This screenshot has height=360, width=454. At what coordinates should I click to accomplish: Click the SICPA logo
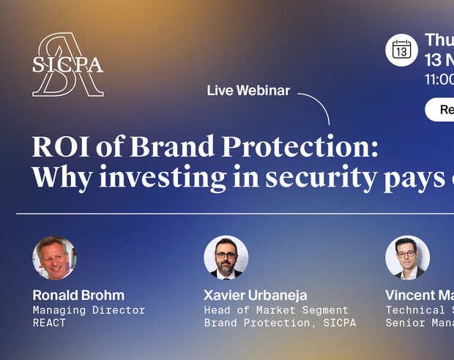tap(67, 64)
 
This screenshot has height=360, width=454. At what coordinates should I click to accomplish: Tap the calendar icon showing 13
tap(401, 49)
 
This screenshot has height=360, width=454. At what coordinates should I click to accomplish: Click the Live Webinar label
tap(248, 91)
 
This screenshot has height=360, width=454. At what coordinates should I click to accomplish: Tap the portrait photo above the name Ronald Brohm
tap(54, 258)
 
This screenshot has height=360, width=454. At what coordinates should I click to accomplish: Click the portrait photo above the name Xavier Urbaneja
tap(226, 258)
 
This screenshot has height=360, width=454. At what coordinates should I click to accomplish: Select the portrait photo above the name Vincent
tap(407, 258)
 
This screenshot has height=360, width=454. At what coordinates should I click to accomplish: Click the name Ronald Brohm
tap(78, 296)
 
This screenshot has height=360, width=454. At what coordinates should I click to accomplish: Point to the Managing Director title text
tap(89, 310)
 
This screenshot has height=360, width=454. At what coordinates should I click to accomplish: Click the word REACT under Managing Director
tap(49, 323)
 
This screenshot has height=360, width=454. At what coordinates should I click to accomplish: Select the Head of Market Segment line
tap(276, 310)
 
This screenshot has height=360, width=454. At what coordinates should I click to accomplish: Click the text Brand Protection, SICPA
tap(280, 323)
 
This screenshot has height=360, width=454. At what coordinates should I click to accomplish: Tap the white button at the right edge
tap(440, 110)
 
